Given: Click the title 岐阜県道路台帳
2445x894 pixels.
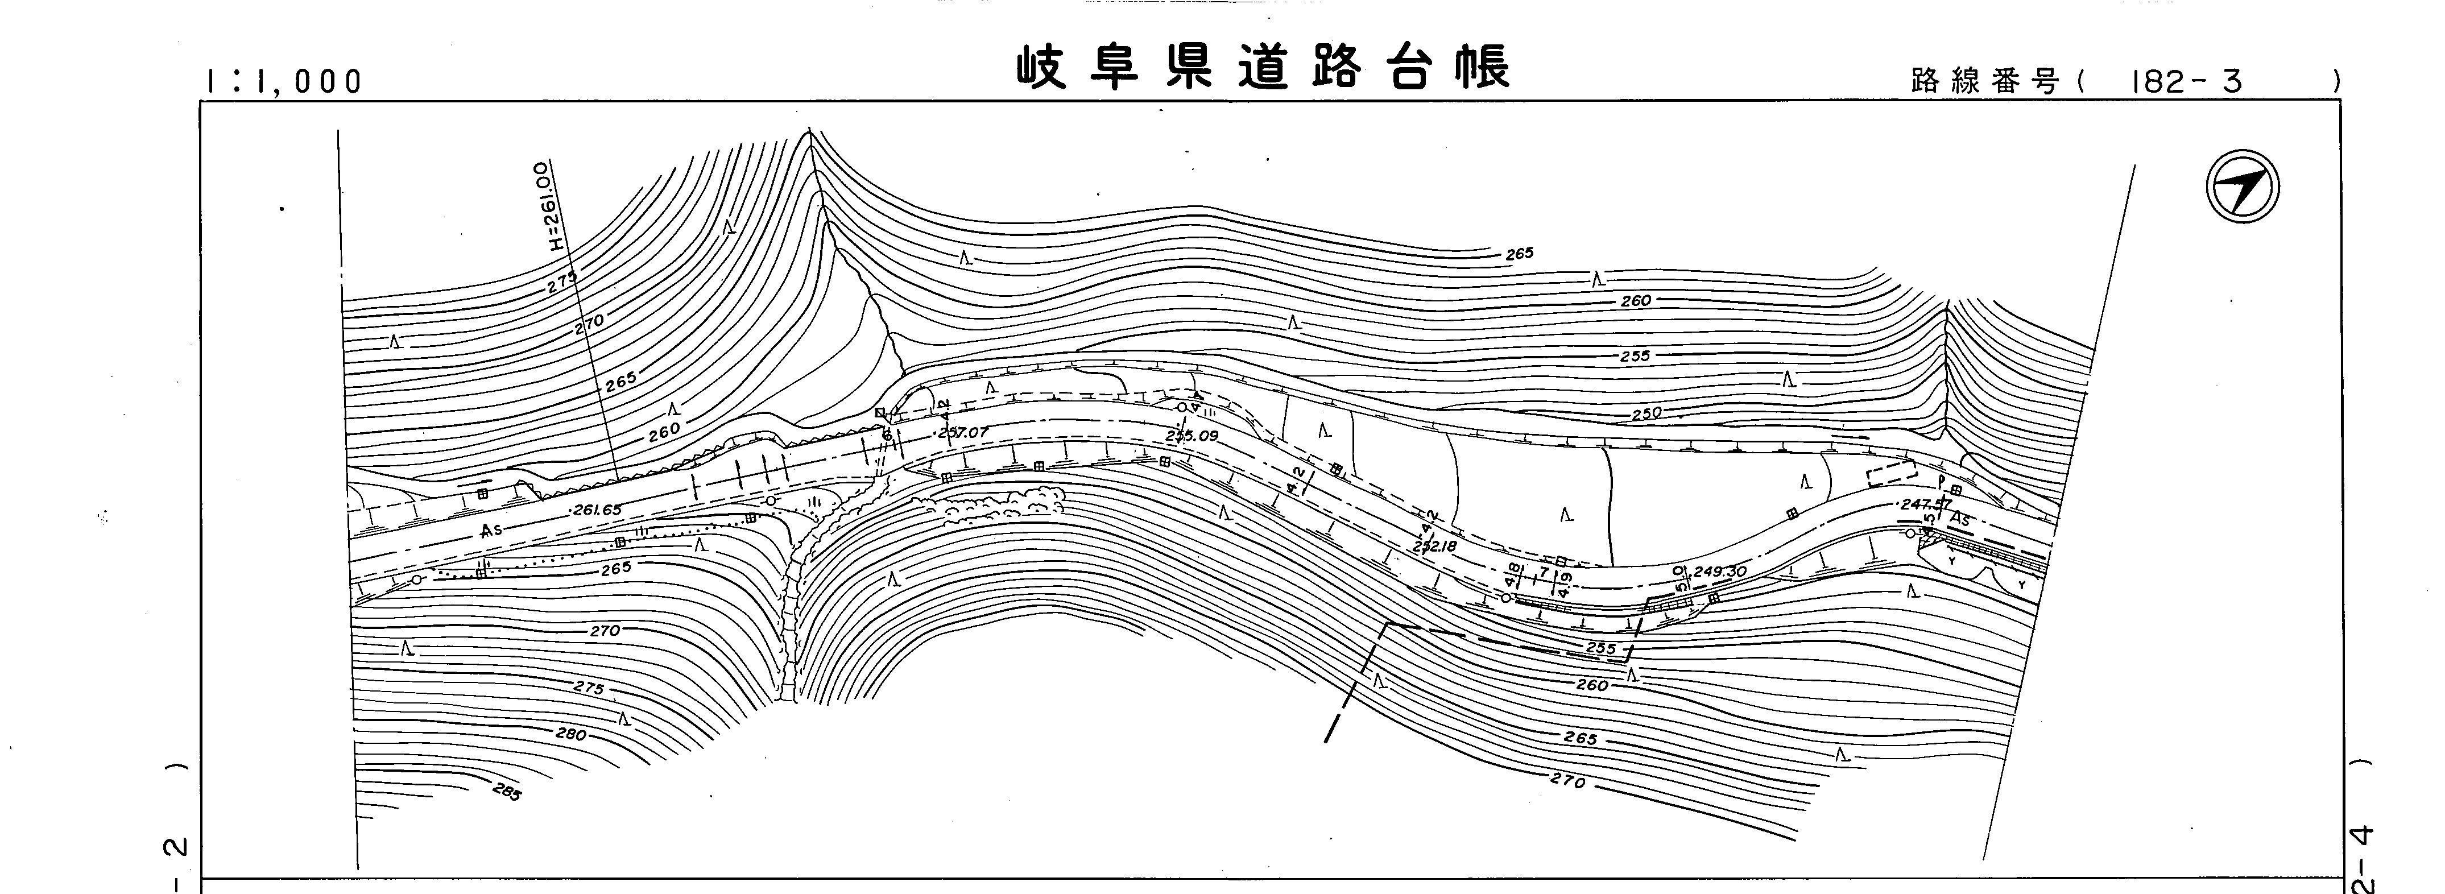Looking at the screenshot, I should (1263, 68).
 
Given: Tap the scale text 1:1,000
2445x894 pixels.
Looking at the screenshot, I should (282, 82).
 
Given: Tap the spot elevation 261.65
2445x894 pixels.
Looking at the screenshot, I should (596, 510).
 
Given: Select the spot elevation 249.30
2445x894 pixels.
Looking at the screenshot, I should (1719, 572).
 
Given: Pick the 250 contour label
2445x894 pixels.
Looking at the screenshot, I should (1646, 414).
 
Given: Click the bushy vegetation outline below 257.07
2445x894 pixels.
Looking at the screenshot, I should (1002, 503).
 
